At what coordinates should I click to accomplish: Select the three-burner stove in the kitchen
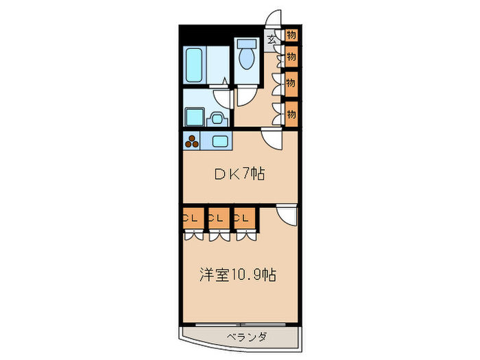click(191, 142)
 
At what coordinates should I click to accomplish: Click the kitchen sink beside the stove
click(221, 142)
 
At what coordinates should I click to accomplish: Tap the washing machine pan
click(194, 117)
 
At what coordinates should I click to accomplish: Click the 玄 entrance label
click(272, 40)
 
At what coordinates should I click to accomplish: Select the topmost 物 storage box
click(291, 35)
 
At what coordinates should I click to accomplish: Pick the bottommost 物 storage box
click(291, 113)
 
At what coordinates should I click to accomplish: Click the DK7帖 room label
click(239, 175)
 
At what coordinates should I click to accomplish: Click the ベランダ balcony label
click(245, 337)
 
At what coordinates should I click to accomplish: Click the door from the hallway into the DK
click(272, 139)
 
